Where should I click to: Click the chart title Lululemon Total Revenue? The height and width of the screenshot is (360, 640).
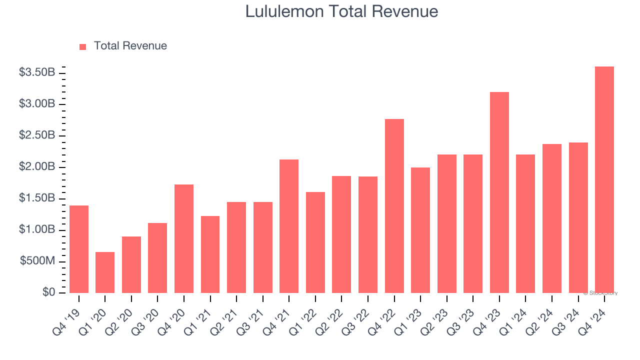click(341, 11)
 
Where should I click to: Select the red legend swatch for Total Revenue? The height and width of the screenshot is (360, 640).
click(83, 46)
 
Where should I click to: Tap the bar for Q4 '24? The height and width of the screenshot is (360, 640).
click(604, 180)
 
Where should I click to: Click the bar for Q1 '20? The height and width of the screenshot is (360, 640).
click(105, 272)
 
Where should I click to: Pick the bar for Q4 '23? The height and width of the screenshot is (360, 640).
click(499, 192)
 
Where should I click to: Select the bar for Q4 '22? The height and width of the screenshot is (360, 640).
click(394, 206)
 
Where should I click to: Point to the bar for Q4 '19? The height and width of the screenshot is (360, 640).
click(79, 249)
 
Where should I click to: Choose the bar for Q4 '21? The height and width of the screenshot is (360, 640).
click(289, 226)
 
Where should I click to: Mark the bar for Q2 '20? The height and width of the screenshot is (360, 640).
click(131, 264)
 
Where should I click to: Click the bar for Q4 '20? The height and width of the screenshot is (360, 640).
click(184, 238)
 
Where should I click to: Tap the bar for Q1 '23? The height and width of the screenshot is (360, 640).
click(420, 230)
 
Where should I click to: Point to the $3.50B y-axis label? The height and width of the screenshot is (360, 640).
click(37, 72)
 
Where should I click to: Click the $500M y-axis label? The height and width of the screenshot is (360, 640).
click(37, 261)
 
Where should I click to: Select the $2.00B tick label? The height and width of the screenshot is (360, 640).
click(37, 167)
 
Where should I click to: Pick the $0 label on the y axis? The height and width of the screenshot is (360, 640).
click(48, 292)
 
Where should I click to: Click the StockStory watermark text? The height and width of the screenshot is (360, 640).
click(601, 293)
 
